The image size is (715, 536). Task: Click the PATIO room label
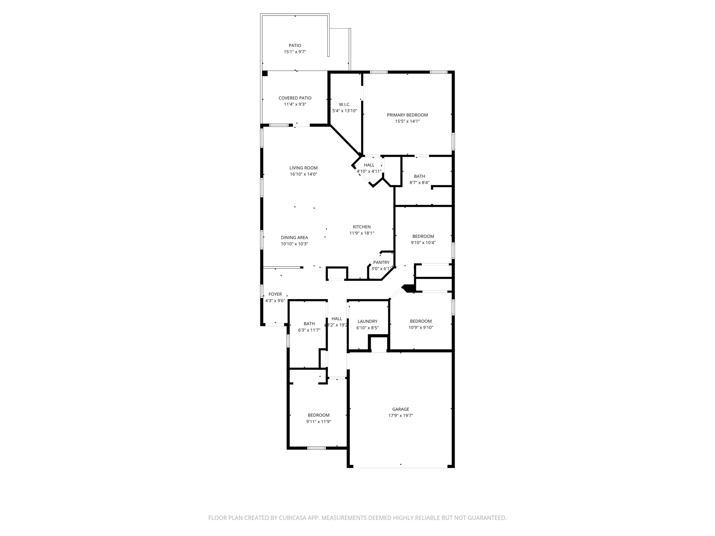pos(295,45)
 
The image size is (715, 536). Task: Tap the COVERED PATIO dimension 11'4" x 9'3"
pos(295,104)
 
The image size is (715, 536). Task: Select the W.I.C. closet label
pos(344,104)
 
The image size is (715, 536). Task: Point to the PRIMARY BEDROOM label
pos(407,115)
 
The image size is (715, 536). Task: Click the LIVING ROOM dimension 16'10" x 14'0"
pos(303,174)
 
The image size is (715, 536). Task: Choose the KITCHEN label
pos(361,227)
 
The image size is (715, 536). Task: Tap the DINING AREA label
pos(294,238)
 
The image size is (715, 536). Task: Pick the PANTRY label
pos(381,262)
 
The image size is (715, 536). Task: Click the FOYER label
pos(275,294)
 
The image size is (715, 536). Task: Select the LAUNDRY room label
pos(367,321)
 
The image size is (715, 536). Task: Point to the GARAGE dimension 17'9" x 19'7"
pos(400,416)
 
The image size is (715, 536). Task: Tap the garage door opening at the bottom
pos(400,467)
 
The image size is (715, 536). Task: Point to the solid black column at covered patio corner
pos(265,74)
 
